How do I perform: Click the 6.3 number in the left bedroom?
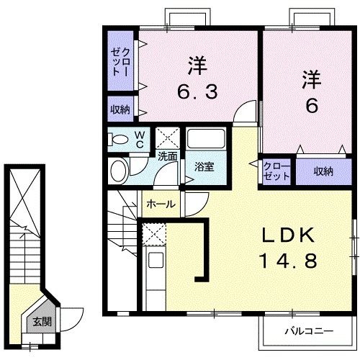pyautogui.click(x=197, y=91)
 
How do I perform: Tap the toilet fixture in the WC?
pyautogui.click(x=119, y=139)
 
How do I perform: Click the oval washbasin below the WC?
pyautogui.click(x=118, y=170)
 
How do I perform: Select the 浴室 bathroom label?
pyautogui.click(x=204, y=167)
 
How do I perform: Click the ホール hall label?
pyautogui.click(x=161, y=204)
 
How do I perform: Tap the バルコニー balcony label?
pyautogui.click(x=307, y=332)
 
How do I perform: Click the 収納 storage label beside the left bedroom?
pyautogui.click(x=120, y=109)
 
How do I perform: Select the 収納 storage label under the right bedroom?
pyautogui.click(x=323, y=171)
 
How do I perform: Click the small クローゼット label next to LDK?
pyautogui.click(x=276, y=171)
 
